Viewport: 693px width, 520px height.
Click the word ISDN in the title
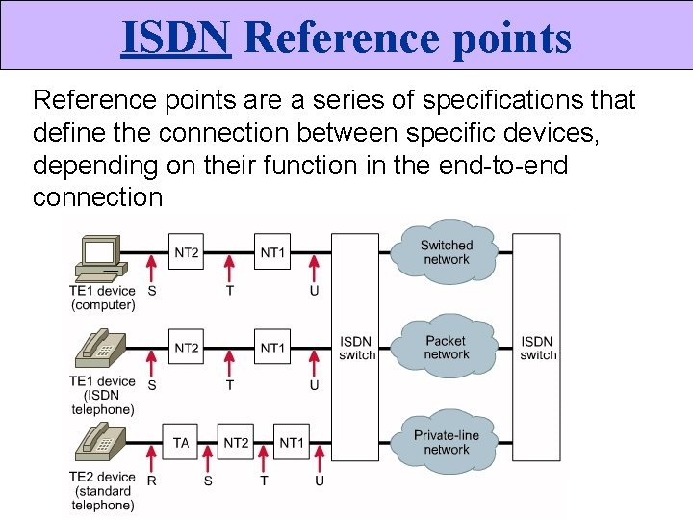pyautogui.click(x=176, y=38)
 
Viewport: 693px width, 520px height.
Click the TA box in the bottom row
pyautogui.click(x=181, y=442)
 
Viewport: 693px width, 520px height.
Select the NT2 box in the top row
pyautogui.click(x=187, y=252)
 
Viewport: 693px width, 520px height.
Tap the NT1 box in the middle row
pyautogui.click(x=272, y=347)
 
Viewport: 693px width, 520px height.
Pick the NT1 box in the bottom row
pyautogui.click(x=292, y=442)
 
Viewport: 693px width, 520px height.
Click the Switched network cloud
pyautogui.click(x=447, y=252)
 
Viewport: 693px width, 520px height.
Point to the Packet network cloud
pyautogui.click(x=446, y=347)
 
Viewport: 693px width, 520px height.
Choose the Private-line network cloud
pyautogui.click(x=447, y=442)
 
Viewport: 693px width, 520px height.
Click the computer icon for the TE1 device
pyautogui.click(x=100, y=254)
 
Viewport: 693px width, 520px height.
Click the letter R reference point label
pyautogui.click(x=151, y=481)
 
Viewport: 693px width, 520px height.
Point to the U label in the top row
pyautogui.click(x=315, y=291)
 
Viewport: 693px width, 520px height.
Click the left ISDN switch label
pyautogui.click(x=356, y=348)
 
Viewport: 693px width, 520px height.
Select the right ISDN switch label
pyautogui.click(x=537, y=348)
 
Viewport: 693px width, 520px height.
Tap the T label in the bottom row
pyautogui.click(x=264, y=481)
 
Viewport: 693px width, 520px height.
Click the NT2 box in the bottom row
pyautogui.click(x=236, y=442)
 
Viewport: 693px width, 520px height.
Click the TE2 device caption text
pyautogui.click(x=102, y=477)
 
